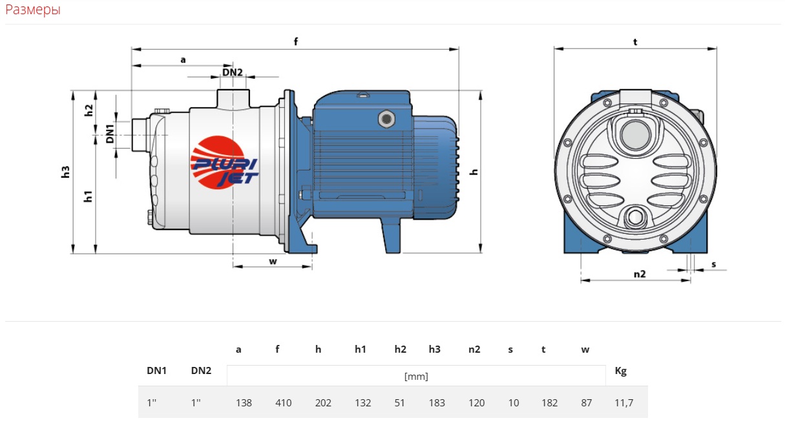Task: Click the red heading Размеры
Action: tap(33, 10)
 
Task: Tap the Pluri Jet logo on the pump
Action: tap(224, 163)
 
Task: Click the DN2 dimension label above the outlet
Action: tap(233, 72)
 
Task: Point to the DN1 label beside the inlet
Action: tap(110, 134)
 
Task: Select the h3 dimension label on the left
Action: tap(65, 172)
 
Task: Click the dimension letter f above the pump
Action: tap(296, 42)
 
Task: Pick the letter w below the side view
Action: tap(273, 262)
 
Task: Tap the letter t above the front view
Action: tap(635, 42)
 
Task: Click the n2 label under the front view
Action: tap(640, 274)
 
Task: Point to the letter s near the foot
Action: tap(713, 264)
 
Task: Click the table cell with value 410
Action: tap(283, 403)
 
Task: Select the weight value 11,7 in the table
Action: tap(623, 403)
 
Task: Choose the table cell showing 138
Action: tap(244, 403)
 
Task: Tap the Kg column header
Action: tap(621, 371)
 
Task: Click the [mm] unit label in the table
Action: tap(416, 377)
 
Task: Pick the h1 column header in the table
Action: tap(361, 349)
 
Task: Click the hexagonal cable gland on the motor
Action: tap(386, 119)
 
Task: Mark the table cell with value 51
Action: tap(399, 403)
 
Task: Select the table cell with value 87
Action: tap(586, 403)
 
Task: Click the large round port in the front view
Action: tap(635, 135)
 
